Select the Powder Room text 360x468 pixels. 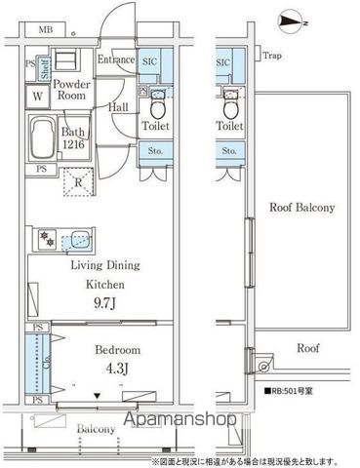pos(72,90)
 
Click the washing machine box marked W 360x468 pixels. pos(36,97)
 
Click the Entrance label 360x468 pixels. pos(116,60)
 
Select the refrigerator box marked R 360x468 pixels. pos(77,180)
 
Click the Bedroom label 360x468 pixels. pos(118,349)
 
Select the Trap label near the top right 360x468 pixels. pos(272,57)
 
